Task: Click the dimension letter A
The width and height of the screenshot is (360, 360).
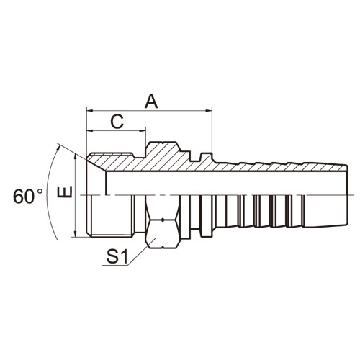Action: [151, 101]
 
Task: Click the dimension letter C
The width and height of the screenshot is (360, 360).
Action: [117, 122]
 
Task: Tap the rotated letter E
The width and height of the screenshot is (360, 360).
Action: [65, 192]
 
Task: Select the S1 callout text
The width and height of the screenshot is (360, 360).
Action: [117, 256]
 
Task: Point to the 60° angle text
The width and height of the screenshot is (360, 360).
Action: [28, 197]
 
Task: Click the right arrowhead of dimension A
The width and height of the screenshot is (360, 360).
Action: [209, 111]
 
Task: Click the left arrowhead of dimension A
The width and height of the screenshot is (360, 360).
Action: [90, 111]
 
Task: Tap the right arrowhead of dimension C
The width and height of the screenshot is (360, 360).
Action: [143, 131]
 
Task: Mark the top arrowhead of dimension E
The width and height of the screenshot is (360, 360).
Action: [76, 156]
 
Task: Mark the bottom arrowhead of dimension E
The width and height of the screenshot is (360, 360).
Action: [76, 234]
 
